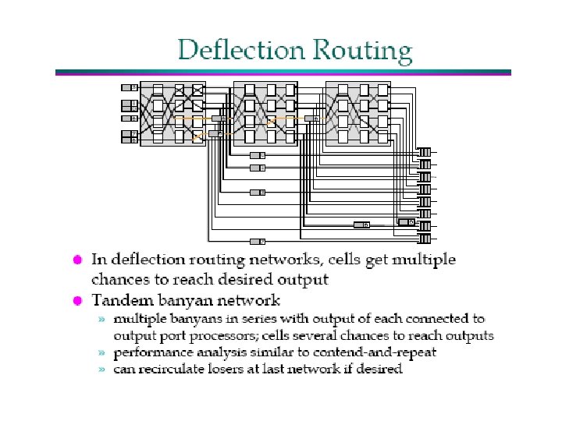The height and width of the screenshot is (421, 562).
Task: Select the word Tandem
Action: tap(120, 300)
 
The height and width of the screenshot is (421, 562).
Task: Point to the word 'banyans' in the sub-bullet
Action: tap(201, 319)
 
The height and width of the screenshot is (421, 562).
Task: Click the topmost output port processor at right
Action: tap(425, 152)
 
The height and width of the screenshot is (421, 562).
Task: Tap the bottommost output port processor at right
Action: tap(425, 237)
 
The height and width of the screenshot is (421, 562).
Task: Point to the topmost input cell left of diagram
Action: tap(130, 87)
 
